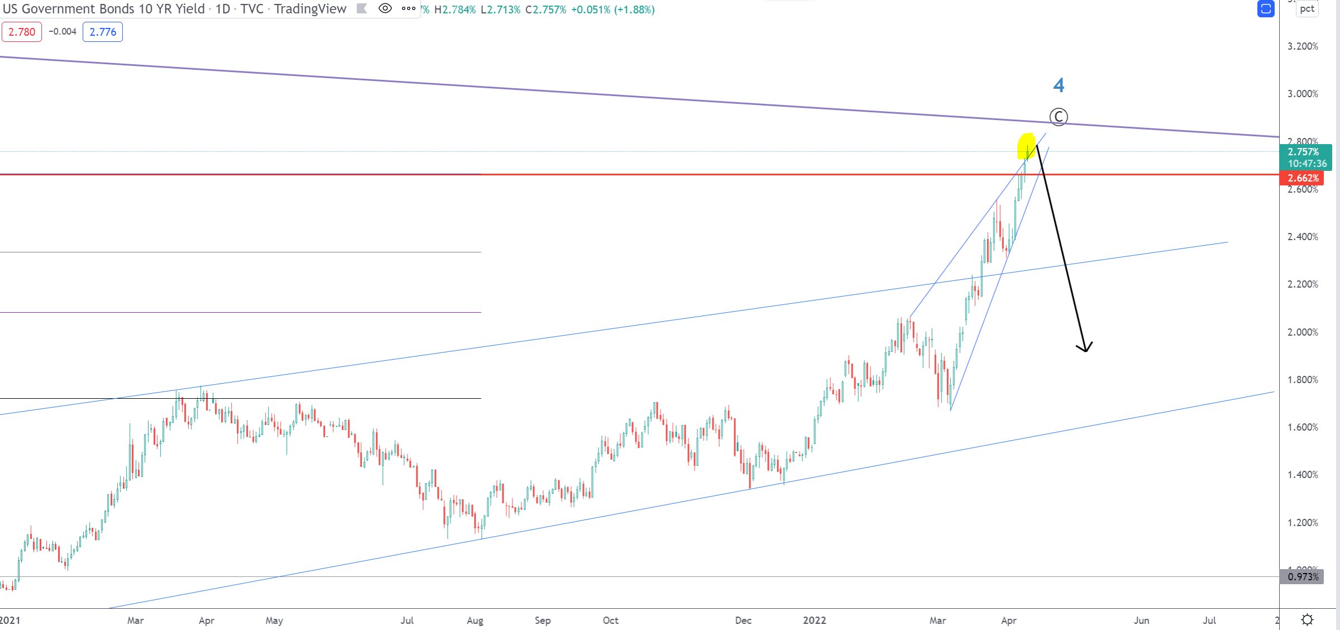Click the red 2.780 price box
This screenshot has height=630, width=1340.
pyautogui.click(x=22, y=32)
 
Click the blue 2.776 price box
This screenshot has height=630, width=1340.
pyautogui.click(x=103, y=32)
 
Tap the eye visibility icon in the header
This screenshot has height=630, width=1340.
pyautogui.click(x=385, y=8)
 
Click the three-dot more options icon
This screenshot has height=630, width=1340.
pyautogui.click(x=409, y=8)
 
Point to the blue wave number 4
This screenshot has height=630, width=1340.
pyautogui.click(x=1059, y=85)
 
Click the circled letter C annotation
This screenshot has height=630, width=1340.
pyautogui.click(x=1059, y=117)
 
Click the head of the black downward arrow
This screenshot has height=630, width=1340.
pyautogui.click(x=1085, y=349)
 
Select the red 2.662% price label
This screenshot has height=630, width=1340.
pyautogui.click(x=1303, y=178)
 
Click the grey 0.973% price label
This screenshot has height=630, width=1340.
pyautogui.click(x=1303, y=576)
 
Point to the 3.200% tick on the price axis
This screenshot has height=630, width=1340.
pyautogui.click(x=1303, y=46)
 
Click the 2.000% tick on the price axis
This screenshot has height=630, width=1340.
pyautogui.click(x=1303, y=332)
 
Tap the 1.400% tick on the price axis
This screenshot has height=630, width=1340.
pyautogui.click(x=1303, y=475)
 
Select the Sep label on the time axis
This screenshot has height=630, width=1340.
pyautogui.click(x=543, y=621)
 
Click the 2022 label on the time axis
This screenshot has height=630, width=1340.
pyautogui.click(x=814, y=621)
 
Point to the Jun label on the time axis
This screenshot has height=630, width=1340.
pyautogui.click(x=1141, y=621)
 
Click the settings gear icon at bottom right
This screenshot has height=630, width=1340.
pyautogui.click(x=1307, y=620)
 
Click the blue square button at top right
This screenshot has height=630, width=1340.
pyautogui.click(x=1266, y=9)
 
